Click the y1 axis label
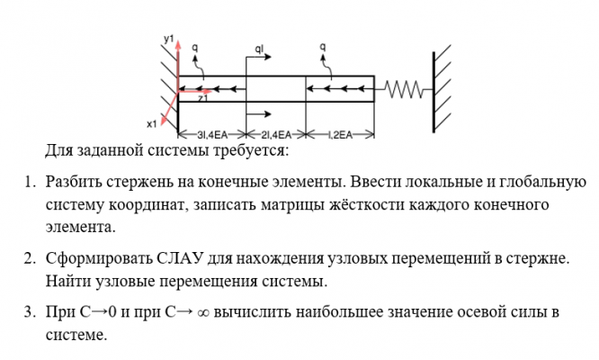coord(167,38)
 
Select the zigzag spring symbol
coord(403,88)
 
